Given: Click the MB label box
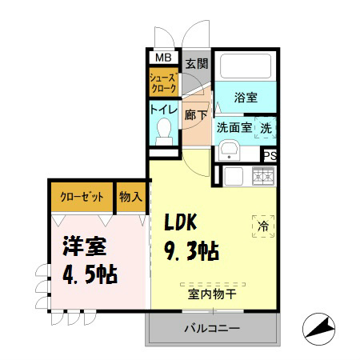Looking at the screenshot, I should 162,58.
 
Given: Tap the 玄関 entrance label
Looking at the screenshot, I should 197,63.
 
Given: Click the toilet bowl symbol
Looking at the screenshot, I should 165,128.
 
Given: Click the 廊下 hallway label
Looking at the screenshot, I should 196,114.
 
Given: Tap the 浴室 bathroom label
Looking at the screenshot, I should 245,97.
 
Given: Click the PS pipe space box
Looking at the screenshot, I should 270,156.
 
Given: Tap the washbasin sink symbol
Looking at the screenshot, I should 227,149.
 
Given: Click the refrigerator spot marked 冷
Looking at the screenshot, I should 262,226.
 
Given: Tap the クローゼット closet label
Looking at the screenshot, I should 81,197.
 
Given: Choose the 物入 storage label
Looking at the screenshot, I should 130,197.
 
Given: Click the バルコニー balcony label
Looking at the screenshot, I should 211,327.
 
